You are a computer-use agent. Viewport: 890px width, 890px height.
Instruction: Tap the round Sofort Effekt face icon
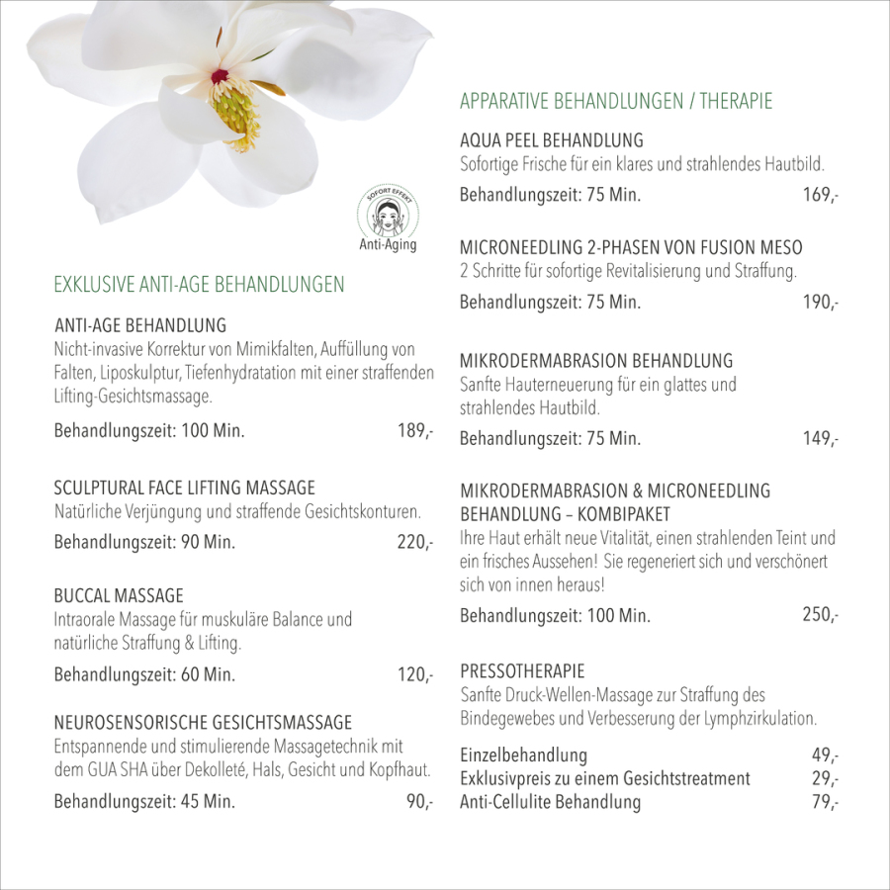(388, 214)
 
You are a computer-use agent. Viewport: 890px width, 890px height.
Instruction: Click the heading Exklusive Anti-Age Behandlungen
(199, 285)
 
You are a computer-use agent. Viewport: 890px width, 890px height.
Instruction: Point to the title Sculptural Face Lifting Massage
(185, 488)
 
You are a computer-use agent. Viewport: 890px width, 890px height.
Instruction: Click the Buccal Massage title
(119, 596)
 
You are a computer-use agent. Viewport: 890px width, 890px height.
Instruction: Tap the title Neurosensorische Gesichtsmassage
(203, 723)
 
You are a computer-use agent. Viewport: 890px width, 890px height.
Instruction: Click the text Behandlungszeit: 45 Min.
(144, 801)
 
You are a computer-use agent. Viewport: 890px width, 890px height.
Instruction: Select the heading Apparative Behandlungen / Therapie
(616, 101)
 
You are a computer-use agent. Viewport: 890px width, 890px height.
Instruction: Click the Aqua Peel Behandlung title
(552, 140)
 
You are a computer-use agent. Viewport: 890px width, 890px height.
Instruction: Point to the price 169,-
(821, 195)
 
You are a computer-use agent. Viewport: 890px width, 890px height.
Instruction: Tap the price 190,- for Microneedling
(821, 303)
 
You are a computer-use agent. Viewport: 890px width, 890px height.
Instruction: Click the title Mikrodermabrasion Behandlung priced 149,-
(596, 361)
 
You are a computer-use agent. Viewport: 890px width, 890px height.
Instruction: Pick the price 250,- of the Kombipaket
(821, 615)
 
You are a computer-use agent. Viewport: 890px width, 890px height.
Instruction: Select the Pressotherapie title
(522, 671)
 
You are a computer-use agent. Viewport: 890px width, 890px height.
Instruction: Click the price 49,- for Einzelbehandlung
(825, 756)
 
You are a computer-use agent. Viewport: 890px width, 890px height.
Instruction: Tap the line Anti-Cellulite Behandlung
(550, 802)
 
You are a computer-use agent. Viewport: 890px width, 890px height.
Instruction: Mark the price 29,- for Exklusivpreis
(825, 779)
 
